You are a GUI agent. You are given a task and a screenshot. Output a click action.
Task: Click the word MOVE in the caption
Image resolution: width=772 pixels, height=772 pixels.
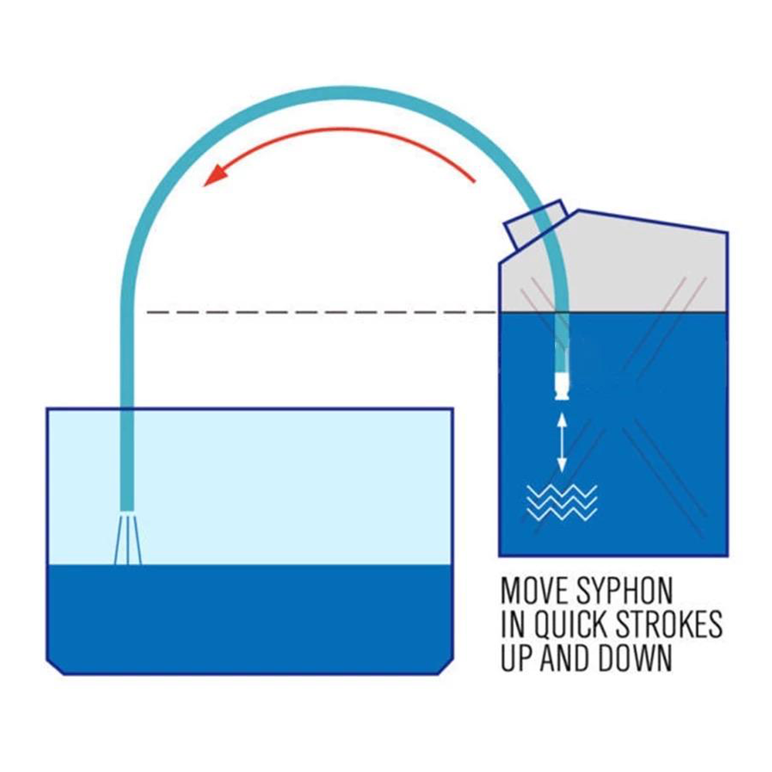tap(534, 591)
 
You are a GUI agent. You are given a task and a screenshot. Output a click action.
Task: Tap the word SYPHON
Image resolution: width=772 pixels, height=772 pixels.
tap(625, 591)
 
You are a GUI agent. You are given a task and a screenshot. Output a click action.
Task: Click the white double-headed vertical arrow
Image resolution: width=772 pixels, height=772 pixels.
tap(562, 442)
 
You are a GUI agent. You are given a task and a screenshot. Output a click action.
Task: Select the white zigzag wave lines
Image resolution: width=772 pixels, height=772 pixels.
tap(562, 503)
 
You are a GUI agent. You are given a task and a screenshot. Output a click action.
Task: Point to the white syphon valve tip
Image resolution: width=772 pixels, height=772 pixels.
tap(562, 386)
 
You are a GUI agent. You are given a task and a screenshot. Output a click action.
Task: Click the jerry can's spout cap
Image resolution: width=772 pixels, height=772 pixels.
tap(536, 224)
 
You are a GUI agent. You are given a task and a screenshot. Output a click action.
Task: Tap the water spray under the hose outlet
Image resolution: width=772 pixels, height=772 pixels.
tap(127, 539)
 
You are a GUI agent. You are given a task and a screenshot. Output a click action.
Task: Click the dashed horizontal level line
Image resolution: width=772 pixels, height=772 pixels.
tap(323, 312)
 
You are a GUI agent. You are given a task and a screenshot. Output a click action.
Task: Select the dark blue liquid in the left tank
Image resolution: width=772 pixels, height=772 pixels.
tap(250, 619)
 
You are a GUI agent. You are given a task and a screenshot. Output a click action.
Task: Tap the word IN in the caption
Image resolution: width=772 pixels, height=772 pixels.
tap(512, 625)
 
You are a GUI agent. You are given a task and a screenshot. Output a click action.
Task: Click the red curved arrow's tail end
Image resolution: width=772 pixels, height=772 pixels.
tap(474, 181)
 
